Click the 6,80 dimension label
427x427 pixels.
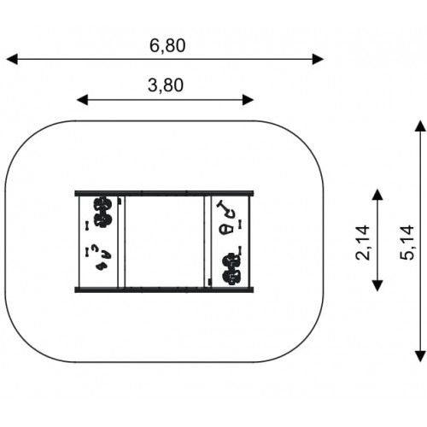pos(167,45)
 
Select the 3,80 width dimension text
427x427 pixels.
pos(166,85)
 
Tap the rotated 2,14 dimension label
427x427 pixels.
pos(363,243)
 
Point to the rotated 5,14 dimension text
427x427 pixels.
pos(407,243)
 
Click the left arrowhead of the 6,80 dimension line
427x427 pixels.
pos(12,59)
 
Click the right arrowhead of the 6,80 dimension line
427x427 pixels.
pos(318,59)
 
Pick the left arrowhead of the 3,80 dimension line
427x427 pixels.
pos(83,100)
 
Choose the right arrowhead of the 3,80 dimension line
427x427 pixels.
pos(248,100)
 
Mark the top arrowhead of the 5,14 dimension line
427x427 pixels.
pos(420,126)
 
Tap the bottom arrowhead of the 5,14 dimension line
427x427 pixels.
pos(420,356)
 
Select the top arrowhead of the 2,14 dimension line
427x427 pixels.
pos(377,195)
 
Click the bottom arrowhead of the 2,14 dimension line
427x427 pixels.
pos(377,285)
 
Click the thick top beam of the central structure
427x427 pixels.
pos(164,193)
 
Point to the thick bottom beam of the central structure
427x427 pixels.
pos(164,290)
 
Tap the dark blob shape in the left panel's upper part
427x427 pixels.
pos(102,212)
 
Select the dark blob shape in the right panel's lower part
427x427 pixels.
pos(231,269)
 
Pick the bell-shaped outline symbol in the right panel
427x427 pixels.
pos(227,229)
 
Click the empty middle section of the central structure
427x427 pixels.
pos(165,242)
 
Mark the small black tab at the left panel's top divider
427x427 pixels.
pos(120,201)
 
